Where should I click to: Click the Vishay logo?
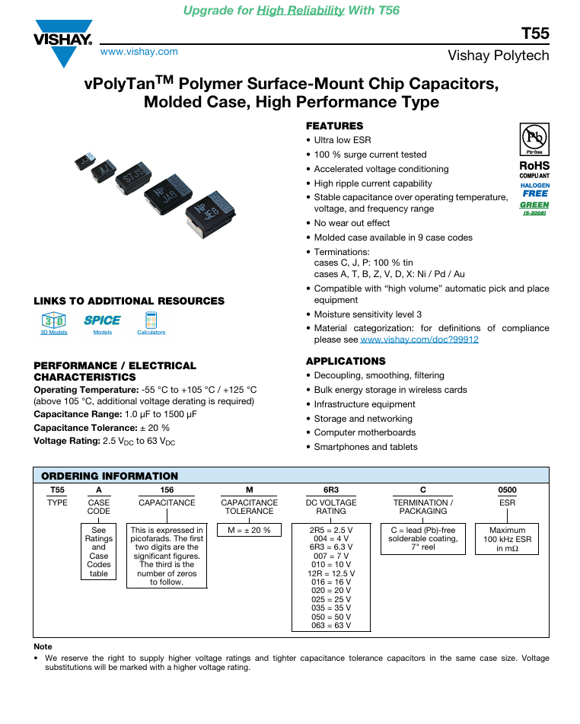63,43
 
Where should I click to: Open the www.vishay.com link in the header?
139,52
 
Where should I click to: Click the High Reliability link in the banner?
301,10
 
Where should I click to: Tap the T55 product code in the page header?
535,33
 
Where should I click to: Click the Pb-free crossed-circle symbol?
534,138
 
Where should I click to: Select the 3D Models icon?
54,323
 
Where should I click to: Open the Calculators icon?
151,323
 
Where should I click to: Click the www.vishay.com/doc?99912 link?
419,340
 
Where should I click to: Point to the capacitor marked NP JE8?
211,214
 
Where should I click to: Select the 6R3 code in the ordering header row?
331,490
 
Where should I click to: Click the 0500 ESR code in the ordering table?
507,490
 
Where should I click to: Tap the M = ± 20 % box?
250,530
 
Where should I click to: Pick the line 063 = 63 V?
331,625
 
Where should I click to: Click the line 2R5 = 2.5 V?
331,530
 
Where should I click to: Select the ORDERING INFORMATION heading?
110,476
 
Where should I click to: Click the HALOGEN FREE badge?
535,190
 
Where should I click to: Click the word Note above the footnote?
43,646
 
